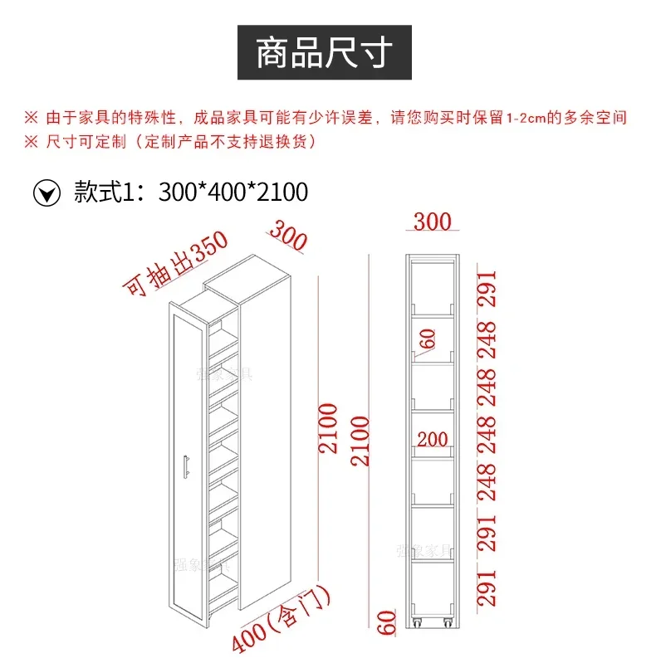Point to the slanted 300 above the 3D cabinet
pos(287,236)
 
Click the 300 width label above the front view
pos(433,222)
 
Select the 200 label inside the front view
pos(433,439)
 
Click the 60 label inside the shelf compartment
pos(427,338)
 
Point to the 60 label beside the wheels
pos(384,620)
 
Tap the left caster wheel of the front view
pos(416,623)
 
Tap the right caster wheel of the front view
pos(449,623)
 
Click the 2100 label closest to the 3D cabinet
pos(329,429)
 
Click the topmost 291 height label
pos(486,288)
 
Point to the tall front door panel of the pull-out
pos(187,465)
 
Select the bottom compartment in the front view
pos(433,587)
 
